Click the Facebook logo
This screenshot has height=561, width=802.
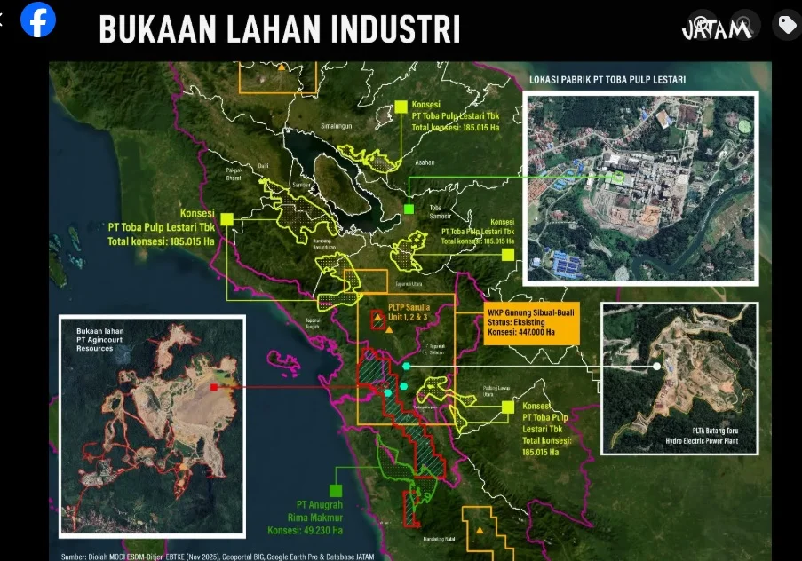pos(38,20)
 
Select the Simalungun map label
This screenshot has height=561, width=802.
pos(337,126)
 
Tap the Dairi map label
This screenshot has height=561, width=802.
pos(263,165)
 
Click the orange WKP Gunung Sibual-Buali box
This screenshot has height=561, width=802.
pos(530,323)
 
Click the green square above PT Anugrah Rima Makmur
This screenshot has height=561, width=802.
pos(336,490)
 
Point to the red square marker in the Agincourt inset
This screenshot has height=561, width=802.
pos(214,387)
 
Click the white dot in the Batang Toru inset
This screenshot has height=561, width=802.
pos(656,366)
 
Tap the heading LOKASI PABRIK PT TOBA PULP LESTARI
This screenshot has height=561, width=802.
pos(613,79)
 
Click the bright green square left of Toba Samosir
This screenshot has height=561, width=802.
pos(409,209)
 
